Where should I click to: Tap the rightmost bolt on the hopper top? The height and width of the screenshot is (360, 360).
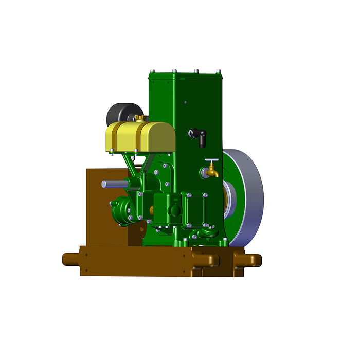pos(219,71)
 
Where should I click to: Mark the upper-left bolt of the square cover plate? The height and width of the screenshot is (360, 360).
pos(189,195)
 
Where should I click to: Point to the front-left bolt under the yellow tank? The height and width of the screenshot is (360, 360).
pos(111,151)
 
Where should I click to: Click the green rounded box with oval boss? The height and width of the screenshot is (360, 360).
pos(167,208)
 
